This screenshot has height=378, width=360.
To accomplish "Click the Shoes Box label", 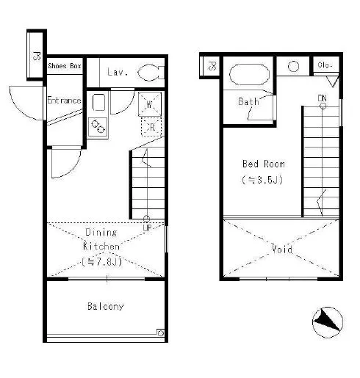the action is (x=65, y=66).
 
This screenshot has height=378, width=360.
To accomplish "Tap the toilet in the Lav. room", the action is (x=151, y=72).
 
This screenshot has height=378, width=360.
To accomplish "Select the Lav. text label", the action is (x=118, y=72).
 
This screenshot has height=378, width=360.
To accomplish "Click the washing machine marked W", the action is (x=150, y=104).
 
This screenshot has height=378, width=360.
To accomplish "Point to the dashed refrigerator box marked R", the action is (x=151, y=127).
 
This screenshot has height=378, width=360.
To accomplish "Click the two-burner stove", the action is (x=98, y=127).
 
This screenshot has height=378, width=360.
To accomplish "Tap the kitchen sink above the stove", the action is (x=98, y=102).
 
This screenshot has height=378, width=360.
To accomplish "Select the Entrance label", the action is (x=64, y=101).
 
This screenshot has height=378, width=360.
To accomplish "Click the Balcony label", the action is (x=106, y=306).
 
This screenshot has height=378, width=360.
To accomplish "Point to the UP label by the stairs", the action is (x=147, y=228).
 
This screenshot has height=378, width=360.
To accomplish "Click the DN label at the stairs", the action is (x=322, y=98).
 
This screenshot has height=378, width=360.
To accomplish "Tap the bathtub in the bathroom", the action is (x=249, y=74).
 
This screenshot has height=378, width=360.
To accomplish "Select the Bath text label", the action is (x=248, y=101).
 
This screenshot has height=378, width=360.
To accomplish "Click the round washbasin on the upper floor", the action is (x=293, y=67).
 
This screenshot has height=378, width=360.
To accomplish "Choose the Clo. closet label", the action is (x=325, y=65).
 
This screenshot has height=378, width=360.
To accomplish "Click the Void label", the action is (x=282, y=250).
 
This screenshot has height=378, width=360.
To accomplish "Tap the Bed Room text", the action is (x=264, y=164).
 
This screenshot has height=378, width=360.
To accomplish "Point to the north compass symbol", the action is (x=328, y=322).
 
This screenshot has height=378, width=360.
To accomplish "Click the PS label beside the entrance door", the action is (x=37, y=56).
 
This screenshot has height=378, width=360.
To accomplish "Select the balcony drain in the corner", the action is (x=160, y=332).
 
